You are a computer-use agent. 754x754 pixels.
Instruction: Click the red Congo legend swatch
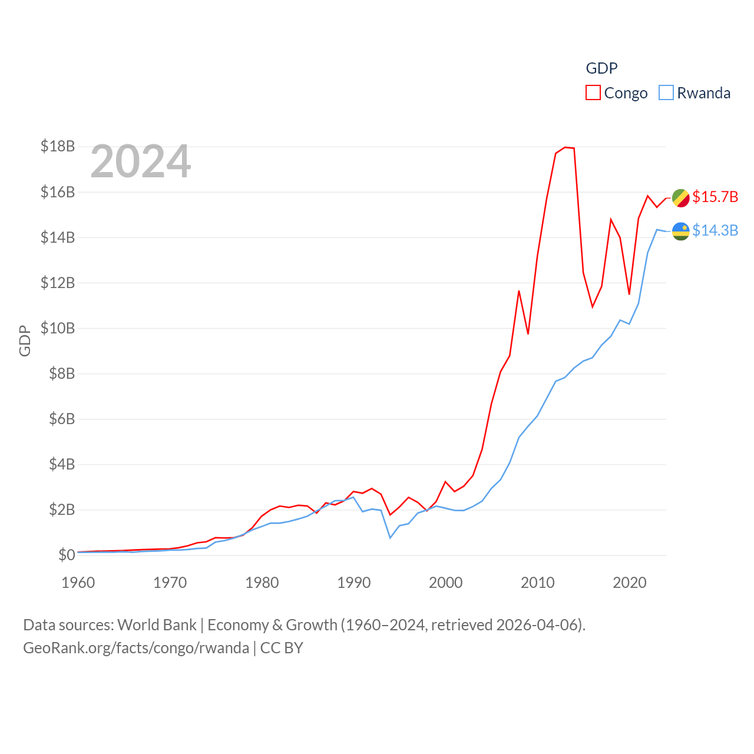coord(593,93)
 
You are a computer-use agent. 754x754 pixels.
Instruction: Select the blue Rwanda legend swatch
coord(666,93)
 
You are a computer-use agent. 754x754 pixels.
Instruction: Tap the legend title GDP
coord(601,68)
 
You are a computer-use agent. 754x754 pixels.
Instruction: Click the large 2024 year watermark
coord(140,161)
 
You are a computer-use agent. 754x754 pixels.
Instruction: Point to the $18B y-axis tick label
coord(58,146)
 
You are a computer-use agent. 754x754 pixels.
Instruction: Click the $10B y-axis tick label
coord(58,328)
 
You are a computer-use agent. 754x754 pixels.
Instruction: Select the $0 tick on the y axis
coord(67,555)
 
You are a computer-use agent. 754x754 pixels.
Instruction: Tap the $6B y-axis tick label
coord(58,419)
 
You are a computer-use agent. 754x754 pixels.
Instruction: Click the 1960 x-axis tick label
coord(78,583)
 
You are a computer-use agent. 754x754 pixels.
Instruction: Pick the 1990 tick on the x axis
coord(354,583)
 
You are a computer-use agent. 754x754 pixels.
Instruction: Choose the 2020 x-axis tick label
coord(630,583)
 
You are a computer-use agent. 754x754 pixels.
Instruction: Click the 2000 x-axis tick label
coord(446,583)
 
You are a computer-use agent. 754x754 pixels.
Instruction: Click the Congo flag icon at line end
coord(680,198)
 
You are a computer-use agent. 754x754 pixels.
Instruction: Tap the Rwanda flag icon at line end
coord(680,231)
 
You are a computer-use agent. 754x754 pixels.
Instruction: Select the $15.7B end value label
coord(715,197)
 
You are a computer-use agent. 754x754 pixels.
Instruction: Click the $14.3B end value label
coord(715,230)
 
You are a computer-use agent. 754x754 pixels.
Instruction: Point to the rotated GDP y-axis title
coord(25,340)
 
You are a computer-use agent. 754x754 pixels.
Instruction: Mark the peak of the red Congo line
coord(565,147)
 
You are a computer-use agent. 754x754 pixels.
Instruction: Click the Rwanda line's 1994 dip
coord(390,538)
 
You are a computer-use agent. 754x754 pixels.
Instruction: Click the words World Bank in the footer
coord(157,625)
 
